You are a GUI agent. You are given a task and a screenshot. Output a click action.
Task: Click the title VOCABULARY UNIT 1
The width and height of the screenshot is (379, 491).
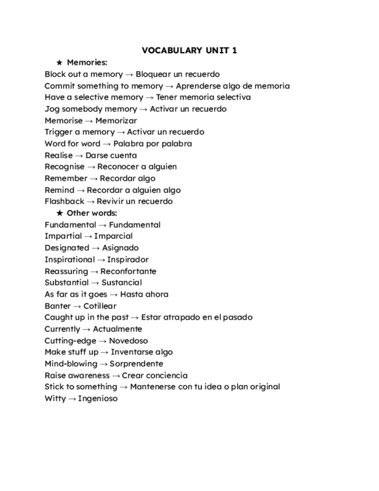pos(189,50)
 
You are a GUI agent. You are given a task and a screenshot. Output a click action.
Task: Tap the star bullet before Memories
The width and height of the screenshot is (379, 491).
pos(59,63)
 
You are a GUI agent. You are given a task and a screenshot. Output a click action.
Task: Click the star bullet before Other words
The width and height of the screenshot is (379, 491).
pos(59,213)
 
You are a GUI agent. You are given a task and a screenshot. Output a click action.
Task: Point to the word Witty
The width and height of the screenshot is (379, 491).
pos(54,398)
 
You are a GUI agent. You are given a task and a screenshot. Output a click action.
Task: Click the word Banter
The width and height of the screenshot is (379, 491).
pos(57,306)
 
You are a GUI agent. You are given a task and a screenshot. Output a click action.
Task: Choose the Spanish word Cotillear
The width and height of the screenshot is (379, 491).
pos(100,306)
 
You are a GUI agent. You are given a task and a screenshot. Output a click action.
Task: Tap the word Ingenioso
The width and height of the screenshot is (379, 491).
pos(98,398)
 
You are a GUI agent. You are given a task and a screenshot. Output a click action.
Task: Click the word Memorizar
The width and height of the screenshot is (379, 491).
pos(116,120)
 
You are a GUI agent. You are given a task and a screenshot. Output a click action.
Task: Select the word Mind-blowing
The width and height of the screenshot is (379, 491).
pos(71,364)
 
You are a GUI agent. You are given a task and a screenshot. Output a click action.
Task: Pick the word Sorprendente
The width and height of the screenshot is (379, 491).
pos(137,364)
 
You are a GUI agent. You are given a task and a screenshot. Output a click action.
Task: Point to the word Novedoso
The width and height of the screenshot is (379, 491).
pos(128,340)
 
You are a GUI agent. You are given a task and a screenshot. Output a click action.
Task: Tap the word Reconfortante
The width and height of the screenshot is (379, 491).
pos(128,271)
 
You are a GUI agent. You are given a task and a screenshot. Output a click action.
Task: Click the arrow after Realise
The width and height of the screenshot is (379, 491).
pos(79,155)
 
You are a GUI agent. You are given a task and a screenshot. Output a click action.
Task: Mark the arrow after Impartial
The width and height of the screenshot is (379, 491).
pos(88,236)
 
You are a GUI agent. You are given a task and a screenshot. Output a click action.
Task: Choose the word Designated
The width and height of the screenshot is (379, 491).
pos(67,248)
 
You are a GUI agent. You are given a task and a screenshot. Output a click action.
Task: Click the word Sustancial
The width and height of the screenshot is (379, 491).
pos(122,283)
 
